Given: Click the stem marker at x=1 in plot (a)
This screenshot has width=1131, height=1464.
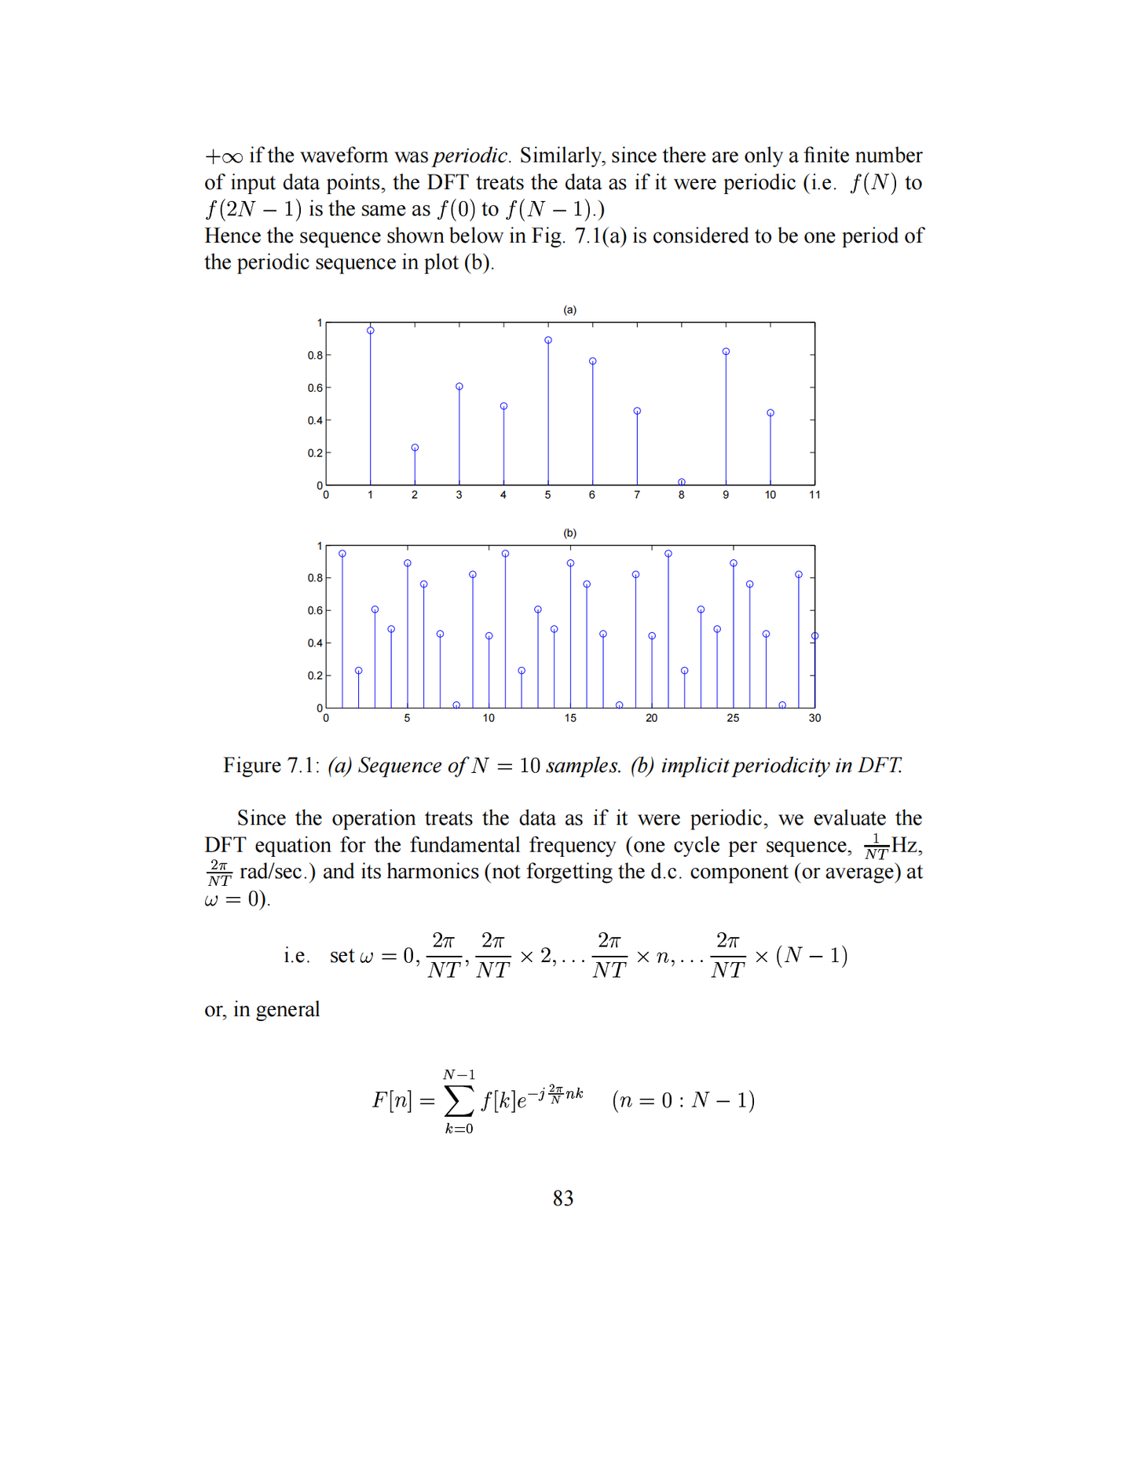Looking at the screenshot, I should click(371, 331).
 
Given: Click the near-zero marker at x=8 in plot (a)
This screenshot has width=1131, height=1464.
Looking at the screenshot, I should click(682, 482).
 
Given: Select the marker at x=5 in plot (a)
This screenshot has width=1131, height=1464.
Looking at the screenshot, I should click(548, 340).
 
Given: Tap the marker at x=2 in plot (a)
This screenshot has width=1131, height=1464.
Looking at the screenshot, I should click(415, 448).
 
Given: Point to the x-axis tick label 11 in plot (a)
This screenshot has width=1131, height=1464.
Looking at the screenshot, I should click(814, 495).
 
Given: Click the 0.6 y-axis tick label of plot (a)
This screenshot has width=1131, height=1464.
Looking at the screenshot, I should click(314, 388).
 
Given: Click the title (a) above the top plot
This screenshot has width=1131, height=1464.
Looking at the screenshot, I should click(569, 310).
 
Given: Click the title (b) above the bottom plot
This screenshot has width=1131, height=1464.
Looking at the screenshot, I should click(569, 533).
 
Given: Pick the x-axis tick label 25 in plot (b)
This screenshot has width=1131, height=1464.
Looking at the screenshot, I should click(733, 718).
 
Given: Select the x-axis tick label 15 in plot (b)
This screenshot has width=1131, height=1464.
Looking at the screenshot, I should click(570, 718).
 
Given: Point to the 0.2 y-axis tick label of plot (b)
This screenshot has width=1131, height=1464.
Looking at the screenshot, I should click(314, 675).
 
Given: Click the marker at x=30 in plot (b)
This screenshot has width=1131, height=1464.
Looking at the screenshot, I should click(814, 636).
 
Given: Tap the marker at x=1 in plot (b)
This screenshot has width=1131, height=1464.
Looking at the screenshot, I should click(342, 554).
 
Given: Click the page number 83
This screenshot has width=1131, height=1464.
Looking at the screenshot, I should click(563, 1198).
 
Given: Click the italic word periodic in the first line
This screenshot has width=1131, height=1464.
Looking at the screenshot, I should click(471, 156).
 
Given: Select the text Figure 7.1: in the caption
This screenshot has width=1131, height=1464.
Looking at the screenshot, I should click(271, 765).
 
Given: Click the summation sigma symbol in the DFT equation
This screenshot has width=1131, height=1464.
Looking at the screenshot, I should click(459, 1100).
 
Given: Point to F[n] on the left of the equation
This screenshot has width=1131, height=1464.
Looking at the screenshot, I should click(392, 1100).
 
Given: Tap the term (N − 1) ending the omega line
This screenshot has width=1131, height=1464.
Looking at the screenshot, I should click(811, 956).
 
